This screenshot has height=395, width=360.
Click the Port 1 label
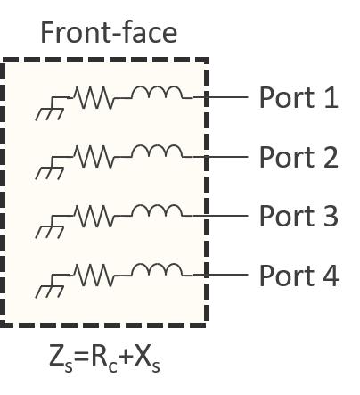[x=299, y=97]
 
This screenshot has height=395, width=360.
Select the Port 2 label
[x=299, y=157]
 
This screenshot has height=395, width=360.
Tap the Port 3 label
[x=299, y=216]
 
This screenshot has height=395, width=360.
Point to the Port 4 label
[x=299, y=276]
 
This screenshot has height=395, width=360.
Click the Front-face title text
[x=109, y=32]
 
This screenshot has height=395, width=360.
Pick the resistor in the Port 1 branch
[x=94, y=97]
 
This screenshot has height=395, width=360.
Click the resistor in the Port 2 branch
[x=94, y=157]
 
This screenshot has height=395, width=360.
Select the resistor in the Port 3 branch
[x=94, y=216]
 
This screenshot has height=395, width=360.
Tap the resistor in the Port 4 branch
[x=94, y=275]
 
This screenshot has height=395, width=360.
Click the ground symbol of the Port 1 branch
[x=51, y=109]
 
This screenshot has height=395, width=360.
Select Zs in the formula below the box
[x=61, y=358]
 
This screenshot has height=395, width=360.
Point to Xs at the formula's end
[x=147, y=358]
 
